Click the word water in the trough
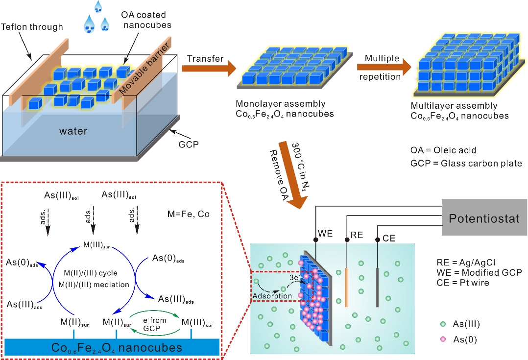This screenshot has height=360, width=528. [x=73, y=131]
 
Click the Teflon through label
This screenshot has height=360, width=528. [x=32, y=27]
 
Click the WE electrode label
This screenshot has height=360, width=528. [x=325, y=234]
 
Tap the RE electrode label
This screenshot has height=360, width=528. [x=357, y=235]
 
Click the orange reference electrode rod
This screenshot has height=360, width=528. [x=347, y=287]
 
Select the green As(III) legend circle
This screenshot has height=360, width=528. [x=443, y=324]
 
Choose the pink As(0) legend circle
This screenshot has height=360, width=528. [x=443, y=339]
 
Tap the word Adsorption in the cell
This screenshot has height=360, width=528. [x=272, y=296]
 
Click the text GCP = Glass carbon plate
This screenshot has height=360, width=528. [x=466, y=164]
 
